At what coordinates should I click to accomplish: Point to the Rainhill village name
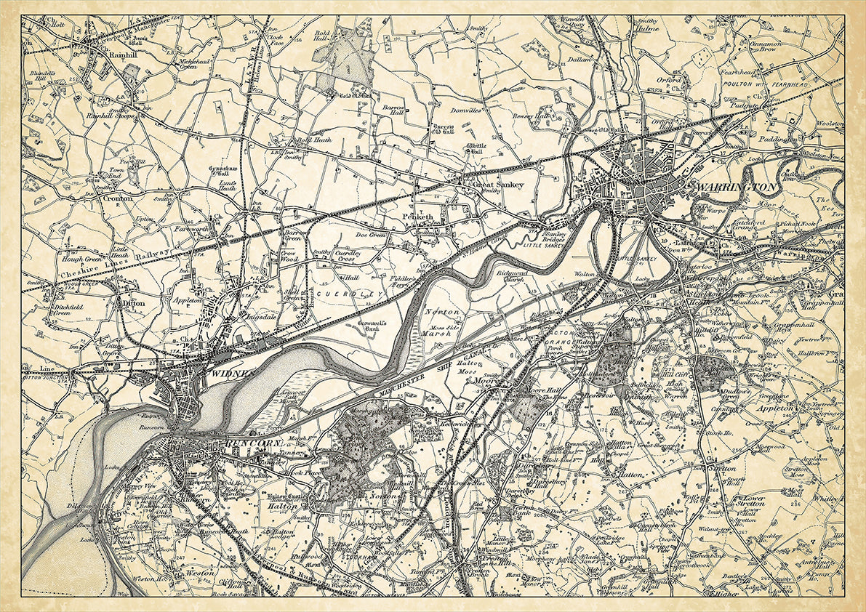(97, 54)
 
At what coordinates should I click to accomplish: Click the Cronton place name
(118, 197)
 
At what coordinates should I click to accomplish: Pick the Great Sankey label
(498, 185)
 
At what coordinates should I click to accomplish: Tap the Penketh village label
(417, 217)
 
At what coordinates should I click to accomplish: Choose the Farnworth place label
(191, 229)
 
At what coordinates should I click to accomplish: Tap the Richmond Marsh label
(509, 276)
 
